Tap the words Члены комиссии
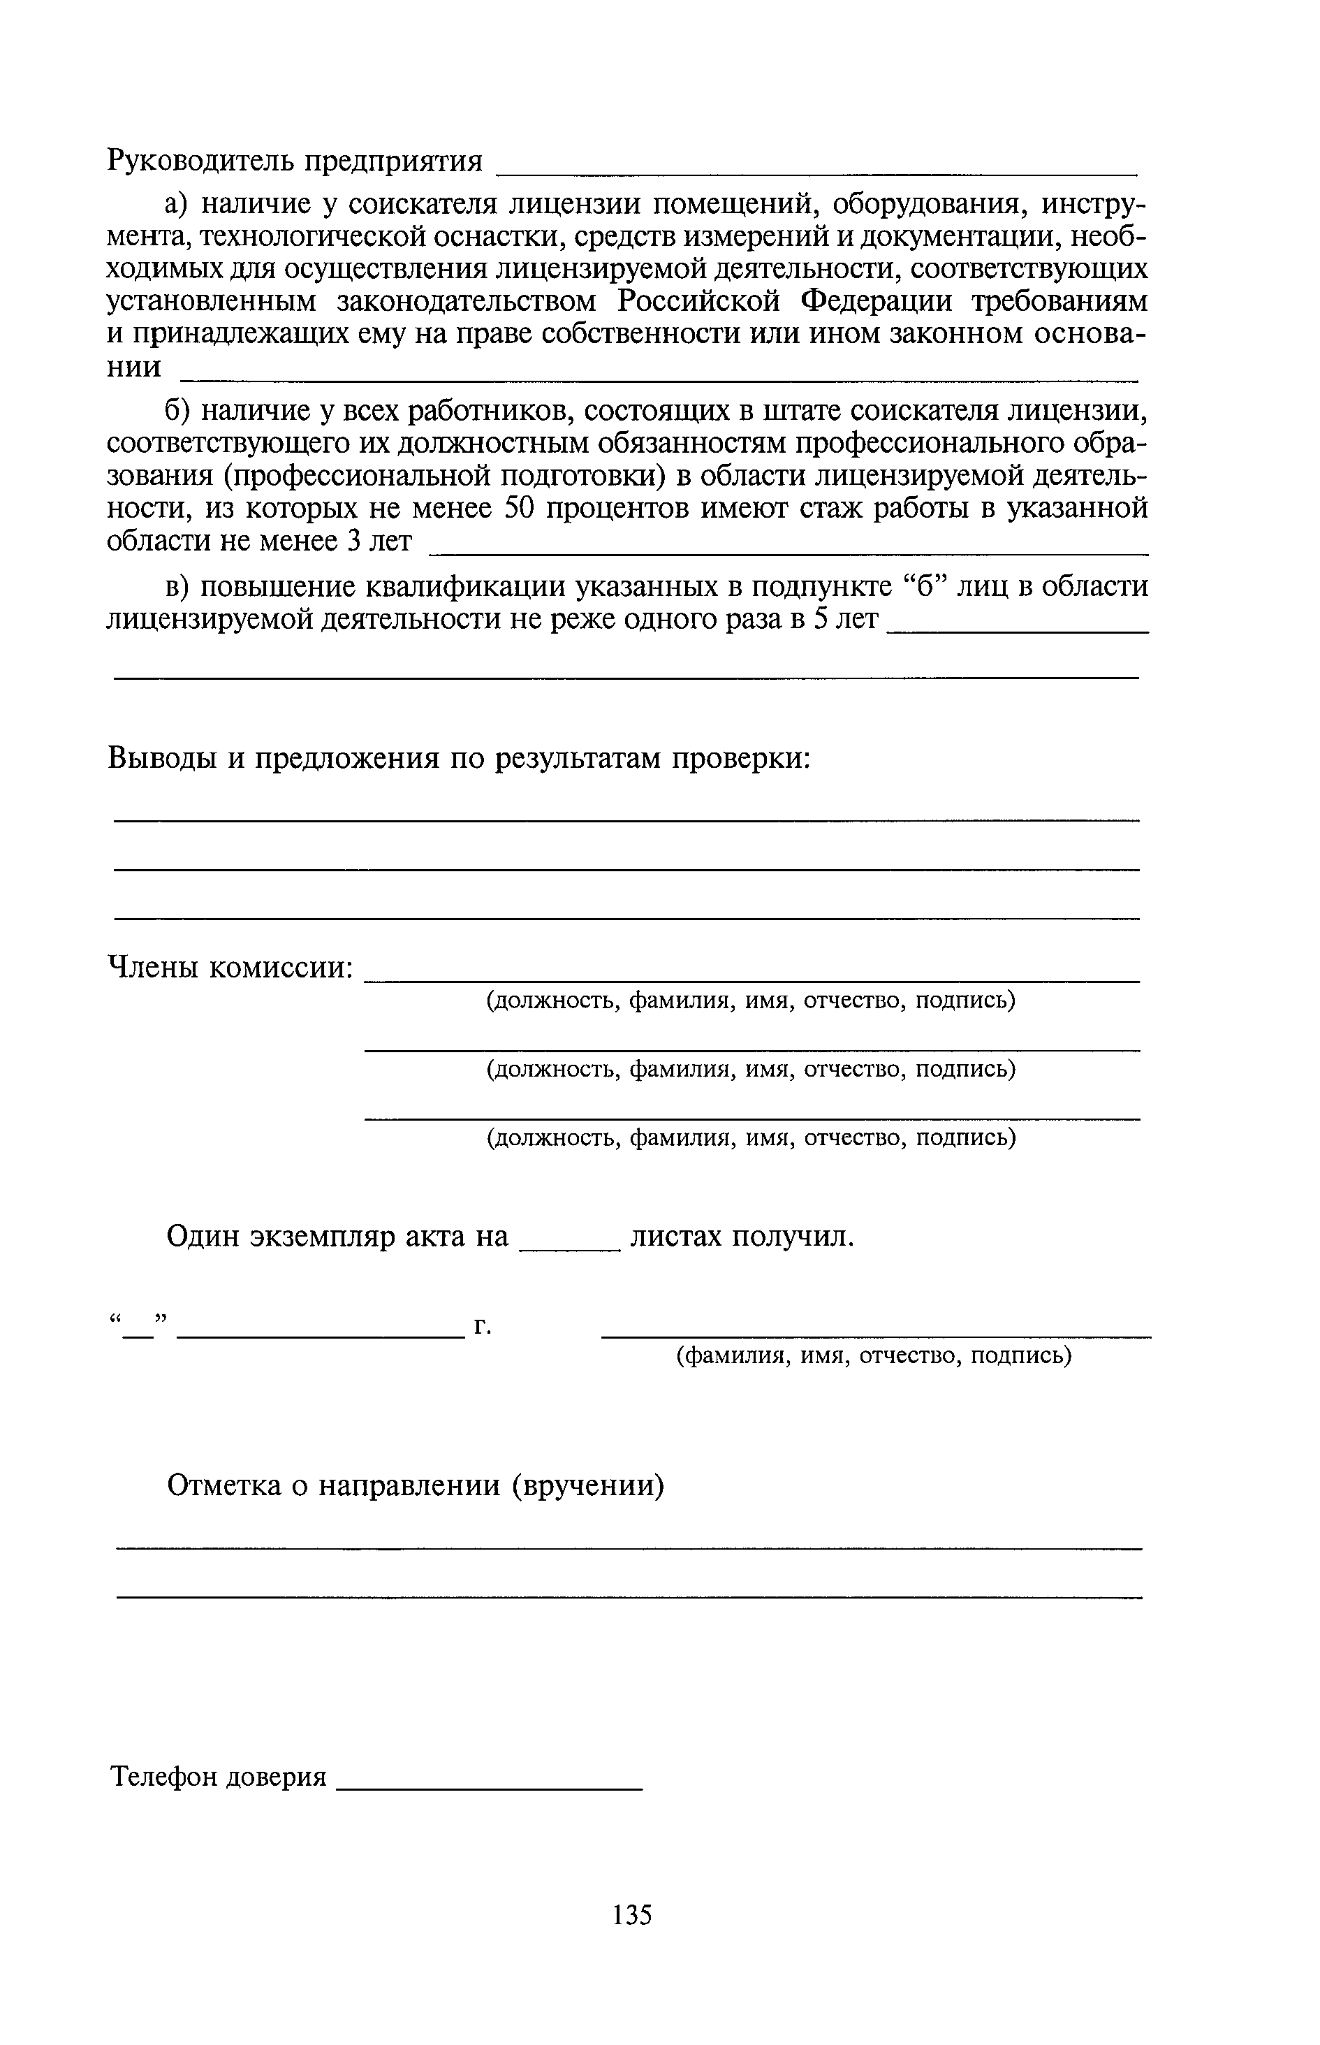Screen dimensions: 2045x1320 (x=230, y=968)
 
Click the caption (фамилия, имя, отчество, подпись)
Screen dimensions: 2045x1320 (x=874, y=1355)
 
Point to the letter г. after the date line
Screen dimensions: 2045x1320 (x=483, y=1327)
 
